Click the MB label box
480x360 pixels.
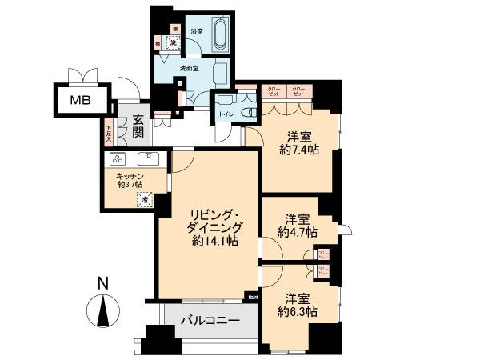(x=78, y=100)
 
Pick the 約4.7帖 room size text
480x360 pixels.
(x=298, y=232)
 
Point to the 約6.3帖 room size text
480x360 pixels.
(x=298, y=310)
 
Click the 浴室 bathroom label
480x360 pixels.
(x=198, y=31)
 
